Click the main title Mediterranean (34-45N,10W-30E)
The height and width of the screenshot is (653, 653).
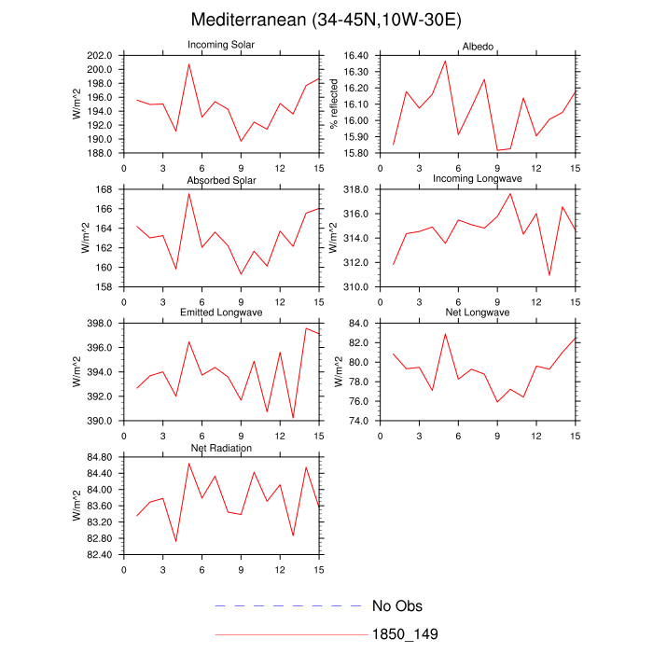[326, 20]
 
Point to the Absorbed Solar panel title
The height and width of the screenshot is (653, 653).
[221, 179]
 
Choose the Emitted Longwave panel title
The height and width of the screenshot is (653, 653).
[221, 313]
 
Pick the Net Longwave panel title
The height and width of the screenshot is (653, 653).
[478, 313]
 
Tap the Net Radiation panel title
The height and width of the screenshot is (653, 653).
[221, 448]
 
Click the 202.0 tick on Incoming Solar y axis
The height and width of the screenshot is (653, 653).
[100, 55]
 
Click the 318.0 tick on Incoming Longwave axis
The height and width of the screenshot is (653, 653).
[356, 189]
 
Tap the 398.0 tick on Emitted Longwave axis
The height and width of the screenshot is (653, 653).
[100, 324]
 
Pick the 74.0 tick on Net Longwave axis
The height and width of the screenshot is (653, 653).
[359, 421]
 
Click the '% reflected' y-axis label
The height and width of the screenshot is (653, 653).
[334, 104]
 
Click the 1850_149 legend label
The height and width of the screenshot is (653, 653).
[405, 634]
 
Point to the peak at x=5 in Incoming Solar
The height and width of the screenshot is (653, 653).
[188, 63]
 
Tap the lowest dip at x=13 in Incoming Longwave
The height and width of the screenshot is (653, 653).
[549, 275]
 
